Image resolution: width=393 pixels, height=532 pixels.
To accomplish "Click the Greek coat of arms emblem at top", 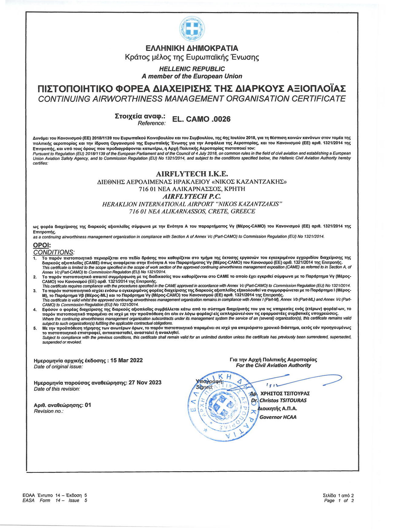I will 192,28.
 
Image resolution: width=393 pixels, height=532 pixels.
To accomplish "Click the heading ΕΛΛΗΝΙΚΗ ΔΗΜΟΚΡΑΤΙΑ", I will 192,48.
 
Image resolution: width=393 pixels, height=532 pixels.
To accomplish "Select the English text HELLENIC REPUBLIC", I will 192,69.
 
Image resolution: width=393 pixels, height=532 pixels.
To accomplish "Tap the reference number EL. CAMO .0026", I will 201,119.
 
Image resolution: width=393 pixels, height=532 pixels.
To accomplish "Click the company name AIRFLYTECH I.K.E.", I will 192,174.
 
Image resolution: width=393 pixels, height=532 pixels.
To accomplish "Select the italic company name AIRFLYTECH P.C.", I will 192,196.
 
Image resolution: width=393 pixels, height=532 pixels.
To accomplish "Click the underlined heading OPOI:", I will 42,245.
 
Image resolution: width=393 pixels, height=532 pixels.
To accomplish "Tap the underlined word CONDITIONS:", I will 54,252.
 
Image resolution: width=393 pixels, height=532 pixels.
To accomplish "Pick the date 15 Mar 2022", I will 126,360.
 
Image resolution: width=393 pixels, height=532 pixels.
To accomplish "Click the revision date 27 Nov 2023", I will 145,382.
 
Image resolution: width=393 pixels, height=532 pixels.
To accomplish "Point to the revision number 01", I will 88,405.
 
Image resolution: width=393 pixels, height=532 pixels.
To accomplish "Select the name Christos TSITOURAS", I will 283,400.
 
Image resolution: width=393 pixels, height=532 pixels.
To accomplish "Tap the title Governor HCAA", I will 278,417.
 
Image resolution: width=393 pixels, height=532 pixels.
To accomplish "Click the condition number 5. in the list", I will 35,328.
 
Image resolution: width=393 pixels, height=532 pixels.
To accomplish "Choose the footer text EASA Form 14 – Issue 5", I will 55,500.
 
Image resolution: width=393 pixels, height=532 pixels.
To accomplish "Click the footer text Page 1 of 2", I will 339,500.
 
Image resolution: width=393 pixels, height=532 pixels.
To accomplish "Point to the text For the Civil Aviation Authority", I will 273,365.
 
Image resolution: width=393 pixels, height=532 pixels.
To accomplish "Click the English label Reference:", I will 152,123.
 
